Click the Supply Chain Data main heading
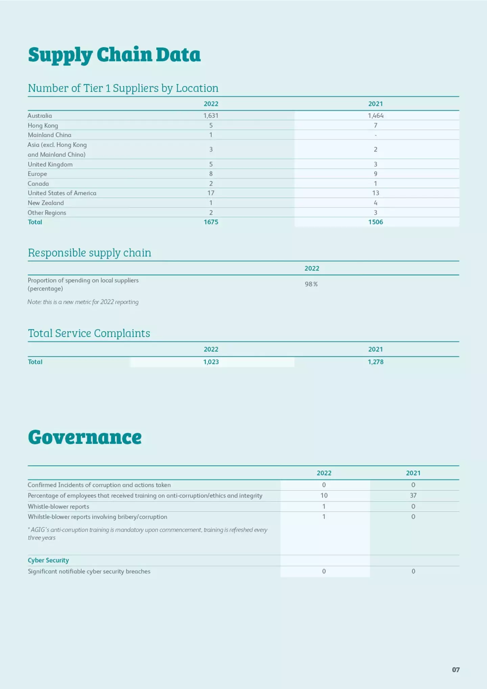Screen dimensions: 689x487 114,55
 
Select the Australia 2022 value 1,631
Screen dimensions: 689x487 211,116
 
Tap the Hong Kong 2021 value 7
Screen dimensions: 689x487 375,126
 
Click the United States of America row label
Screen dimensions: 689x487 62,193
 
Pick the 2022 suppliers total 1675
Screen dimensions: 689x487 211,222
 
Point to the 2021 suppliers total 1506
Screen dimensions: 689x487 375,222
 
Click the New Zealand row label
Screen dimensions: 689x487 46,203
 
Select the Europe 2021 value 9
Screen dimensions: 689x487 375,174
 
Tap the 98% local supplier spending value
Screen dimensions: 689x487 311,284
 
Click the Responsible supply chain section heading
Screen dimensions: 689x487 89,253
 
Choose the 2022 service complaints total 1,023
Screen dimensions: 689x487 211,362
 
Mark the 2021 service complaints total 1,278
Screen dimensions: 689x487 375,362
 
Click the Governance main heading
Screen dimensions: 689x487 85,437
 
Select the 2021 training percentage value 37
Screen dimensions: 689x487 413,496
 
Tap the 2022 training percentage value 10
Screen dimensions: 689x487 324,496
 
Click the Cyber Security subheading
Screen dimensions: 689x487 48,560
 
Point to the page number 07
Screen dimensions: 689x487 456,670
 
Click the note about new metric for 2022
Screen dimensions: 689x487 83,302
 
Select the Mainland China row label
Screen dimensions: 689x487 49,135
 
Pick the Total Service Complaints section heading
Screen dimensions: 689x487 89,333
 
